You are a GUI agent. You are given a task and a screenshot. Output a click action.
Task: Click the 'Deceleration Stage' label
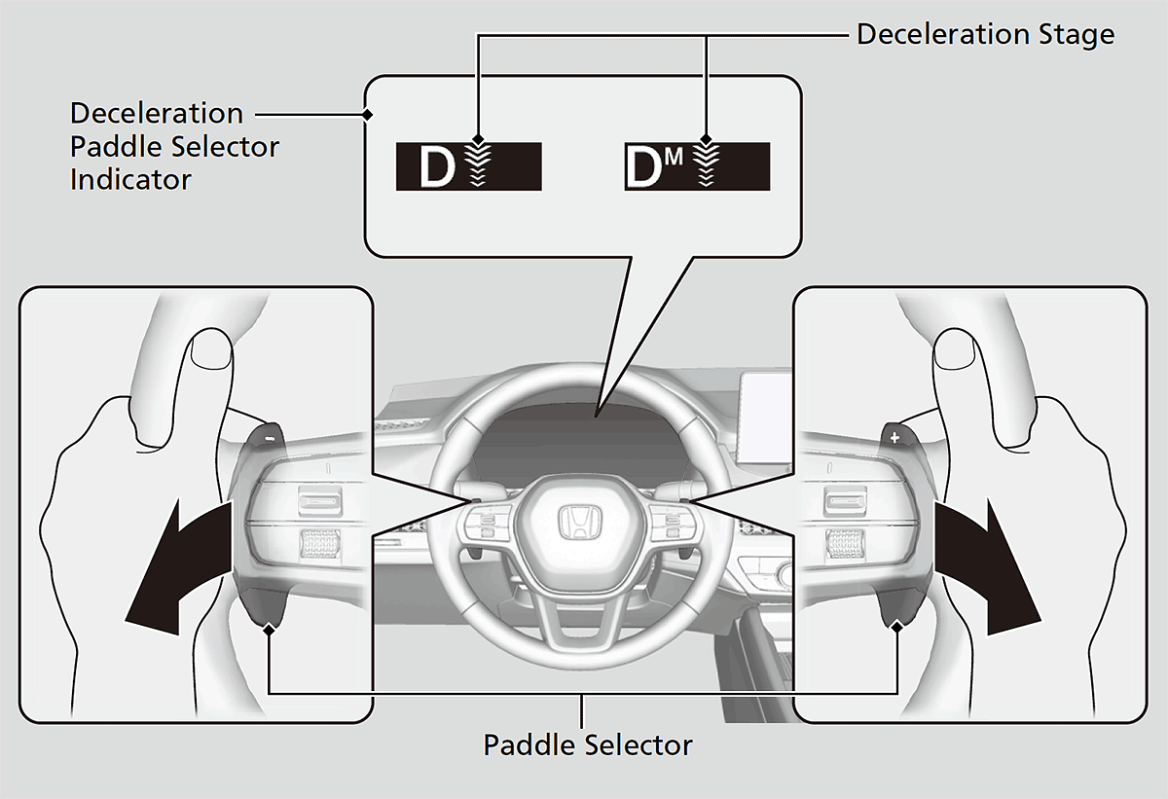click(x=984, y=35)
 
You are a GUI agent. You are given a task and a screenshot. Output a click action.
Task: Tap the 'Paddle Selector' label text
click(x=587, y=745)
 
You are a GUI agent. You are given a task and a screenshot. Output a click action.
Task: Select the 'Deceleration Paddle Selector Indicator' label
click(x=174, y=146)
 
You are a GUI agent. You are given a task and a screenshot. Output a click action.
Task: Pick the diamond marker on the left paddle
click(x=269, y=630)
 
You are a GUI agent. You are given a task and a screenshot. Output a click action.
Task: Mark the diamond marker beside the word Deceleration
click(x=367, y=115)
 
